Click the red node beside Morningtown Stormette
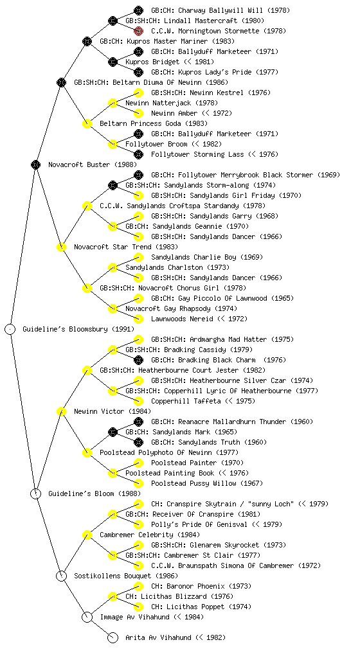(x=138, y=31)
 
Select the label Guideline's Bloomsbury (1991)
(x=78, y=329)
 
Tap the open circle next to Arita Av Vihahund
(x=113, y=638)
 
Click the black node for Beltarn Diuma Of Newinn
(x=61, y=82)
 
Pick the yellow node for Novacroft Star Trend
(x=61, y=247)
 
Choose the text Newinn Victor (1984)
(x=113, y=411)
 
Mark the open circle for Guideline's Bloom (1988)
(x=36, y=493)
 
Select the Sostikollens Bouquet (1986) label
(x=126, y=576)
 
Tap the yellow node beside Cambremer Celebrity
(x=87, y=535)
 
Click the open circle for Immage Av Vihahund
(x=87, y=617)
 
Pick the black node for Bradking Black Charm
(x=138, y=360)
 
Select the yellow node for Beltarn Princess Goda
(x=87, y=123)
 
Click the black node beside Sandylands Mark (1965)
(x=113, y=432)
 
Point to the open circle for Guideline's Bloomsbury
(x=10, y=329)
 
